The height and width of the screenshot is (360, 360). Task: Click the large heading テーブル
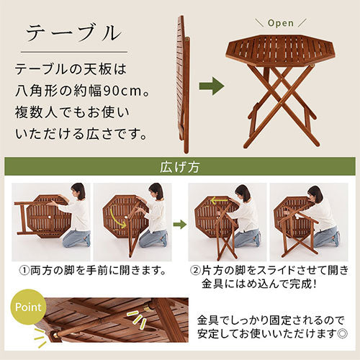pyautogui.click(x=73, y=33)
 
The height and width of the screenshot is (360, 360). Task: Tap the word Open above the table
pyautogui.click(x=281, y=23)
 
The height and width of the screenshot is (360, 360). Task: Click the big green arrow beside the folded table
pyautogui.click(x=212, y=86)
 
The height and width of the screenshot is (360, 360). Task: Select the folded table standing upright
pyautogui.click(x=183, y=84)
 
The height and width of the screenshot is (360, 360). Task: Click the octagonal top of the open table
pyautogui.click(x=281, y=50)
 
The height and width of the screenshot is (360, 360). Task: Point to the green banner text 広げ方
pyautogui.click(x=180, y=166)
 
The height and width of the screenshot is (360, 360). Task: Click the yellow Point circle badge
pyautogui.click(x=28, y=307)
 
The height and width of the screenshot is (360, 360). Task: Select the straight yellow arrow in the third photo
pyautogui.click(x=219, y=199)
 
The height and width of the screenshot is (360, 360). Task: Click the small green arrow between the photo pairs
pyautogui.click(x=180, y=225)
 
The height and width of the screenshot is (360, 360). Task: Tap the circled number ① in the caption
pyautogui.click(x=24, y=271)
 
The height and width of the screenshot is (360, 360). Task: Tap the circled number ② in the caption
pyautogui.click(x=195, y=271)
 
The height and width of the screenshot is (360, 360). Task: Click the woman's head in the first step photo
pyautogui.click(x=78, y=191)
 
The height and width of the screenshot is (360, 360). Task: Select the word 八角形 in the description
pyautogui.click(x=36, y=91)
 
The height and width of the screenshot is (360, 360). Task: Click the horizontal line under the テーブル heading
pyautogui.click(x=74, y=52)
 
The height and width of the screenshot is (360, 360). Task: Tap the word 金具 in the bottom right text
pyautogui.click(x=208, y=320)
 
